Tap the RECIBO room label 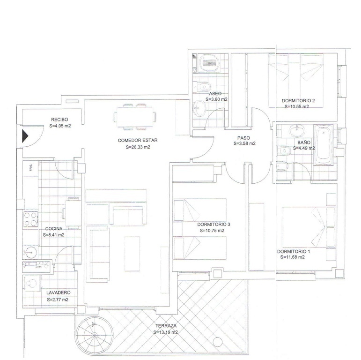coord(60,120)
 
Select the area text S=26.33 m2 coord(138,147)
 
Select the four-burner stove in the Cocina coord(30,219)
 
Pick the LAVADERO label coord(58,293)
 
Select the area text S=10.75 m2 coord(212,231)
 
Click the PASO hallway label coord(244,138)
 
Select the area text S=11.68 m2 coord(293,257)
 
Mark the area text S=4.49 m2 coord(304,148)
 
